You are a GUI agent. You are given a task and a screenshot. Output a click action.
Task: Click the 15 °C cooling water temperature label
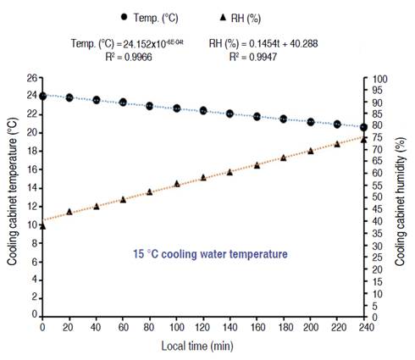[x=210, y=253]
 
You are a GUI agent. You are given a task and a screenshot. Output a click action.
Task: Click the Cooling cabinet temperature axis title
[x=13, y=197]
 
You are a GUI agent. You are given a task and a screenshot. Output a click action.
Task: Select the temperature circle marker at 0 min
[x=42, y=96]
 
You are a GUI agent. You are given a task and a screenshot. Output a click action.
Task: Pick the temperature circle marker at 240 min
[x=363, y=127]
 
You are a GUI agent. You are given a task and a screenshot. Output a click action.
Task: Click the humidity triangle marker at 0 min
[x=42, y=225]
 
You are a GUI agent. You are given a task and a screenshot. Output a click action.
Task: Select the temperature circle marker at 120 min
[x=203, y=110]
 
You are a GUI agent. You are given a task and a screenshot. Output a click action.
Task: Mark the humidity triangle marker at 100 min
[x=176, y=183]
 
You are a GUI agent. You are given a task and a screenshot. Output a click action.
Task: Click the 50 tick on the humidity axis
[x=381, y=197]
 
